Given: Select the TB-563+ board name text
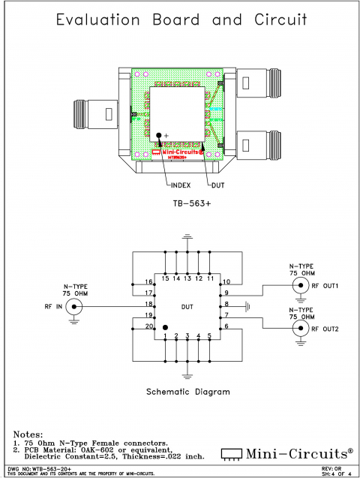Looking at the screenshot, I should click(187, 203).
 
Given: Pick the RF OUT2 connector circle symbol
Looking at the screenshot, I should click(301, 328).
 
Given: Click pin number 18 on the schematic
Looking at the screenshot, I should click(149, 304).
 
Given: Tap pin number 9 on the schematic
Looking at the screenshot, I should click(226, 292).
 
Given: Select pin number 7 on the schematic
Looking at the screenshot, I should click(226, 316).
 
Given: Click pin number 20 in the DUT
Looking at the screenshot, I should click(149, 328).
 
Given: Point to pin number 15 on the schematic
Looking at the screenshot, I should click(164, 278).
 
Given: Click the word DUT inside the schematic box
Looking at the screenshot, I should click(187, 305).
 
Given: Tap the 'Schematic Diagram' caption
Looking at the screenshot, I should click(187, 391).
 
